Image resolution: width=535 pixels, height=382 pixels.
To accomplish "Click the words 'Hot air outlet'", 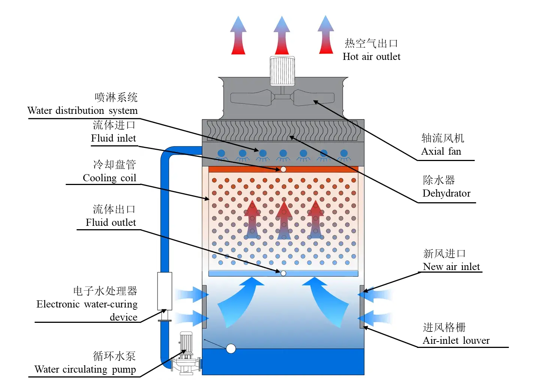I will point(371,57).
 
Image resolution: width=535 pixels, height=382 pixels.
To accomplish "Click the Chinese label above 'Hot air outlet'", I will point(371,43).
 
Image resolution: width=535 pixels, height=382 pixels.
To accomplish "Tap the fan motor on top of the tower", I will point(282,71).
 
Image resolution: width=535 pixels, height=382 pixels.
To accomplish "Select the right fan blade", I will point(314,97).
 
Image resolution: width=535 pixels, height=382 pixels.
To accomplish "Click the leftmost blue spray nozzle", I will point(221,154).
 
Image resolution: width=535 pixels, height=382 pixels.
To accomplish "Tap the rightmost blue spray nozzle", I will point(344,154).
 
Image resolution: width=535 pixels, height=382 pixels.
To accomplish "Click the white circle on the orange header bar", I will point(283,169).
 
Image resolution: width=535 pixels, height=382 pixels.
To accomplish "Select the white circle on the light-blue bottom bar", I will point(283,273).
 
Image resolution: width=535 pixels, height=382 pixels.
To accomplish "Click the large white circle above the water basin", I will point(231,349).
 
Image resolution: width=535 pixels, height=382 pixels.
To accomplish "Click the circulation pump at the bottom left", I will point(186,354).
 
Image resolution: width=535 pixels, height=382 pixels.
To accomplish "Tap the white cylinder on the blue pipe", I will point(164,291).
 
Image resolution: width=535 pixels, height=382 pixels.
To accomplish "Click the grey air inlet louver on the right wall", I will point(362,306).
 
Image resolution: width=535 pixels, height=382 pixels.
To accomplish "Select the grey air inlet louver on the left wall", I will point(204,306).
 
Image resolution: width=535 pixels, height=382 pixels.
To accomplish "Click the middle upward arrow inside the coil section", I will point(284,221).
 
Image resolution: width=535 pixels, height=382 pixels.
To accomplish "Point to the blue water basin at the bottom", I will point(283,361).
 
